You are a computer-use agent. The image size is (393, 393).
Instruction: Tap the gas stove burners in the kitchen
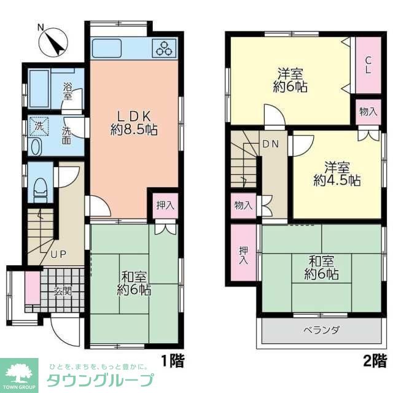[x=166, y=48]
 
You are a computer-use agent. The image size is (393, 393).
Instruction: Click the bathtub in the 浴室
[x=39, y=88]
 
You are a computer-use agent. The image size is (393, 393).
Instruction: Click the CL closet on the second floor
[x=368, y=64]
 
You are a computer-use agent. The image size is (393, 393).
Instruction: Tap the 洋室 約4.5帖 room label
[x=337, y=173]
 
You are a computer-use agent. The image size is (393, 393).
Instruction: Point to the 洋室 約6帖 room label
[x=290, y=80]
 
